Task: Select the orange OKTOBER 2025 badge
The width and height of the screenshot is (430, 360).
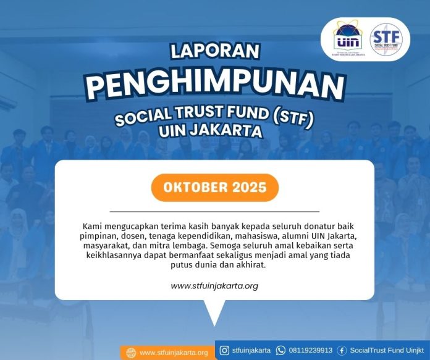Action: coord(215,188)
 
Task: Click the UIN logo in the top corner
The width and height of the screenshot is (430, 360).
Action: coord(348,39)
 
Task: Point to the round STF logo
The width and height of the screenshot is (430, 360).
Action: coord(386,39)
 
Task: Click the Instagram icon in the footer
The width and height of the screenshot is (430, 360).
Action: coord(224,350)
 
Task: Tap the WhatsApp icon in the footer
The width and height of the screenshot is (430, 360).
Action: coord(281,350)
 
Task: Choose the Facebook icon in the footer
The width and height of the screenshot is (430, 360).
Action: coord(342,350)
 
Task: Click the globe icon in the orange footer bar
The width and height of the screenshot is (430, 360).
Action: coord(130,353)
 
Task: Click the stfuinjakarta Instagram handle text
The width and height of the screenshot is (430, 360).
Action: coord(251,350)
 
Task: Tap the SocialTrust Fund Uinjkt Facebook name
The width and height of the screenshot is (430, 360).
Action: coord(384,350)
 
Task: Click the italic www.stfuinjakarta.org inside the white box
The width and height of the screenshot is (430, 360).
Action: coord(214,286)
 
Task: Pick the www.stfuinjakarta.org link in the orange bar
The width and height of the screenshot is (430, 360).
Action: coord(174,353)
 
